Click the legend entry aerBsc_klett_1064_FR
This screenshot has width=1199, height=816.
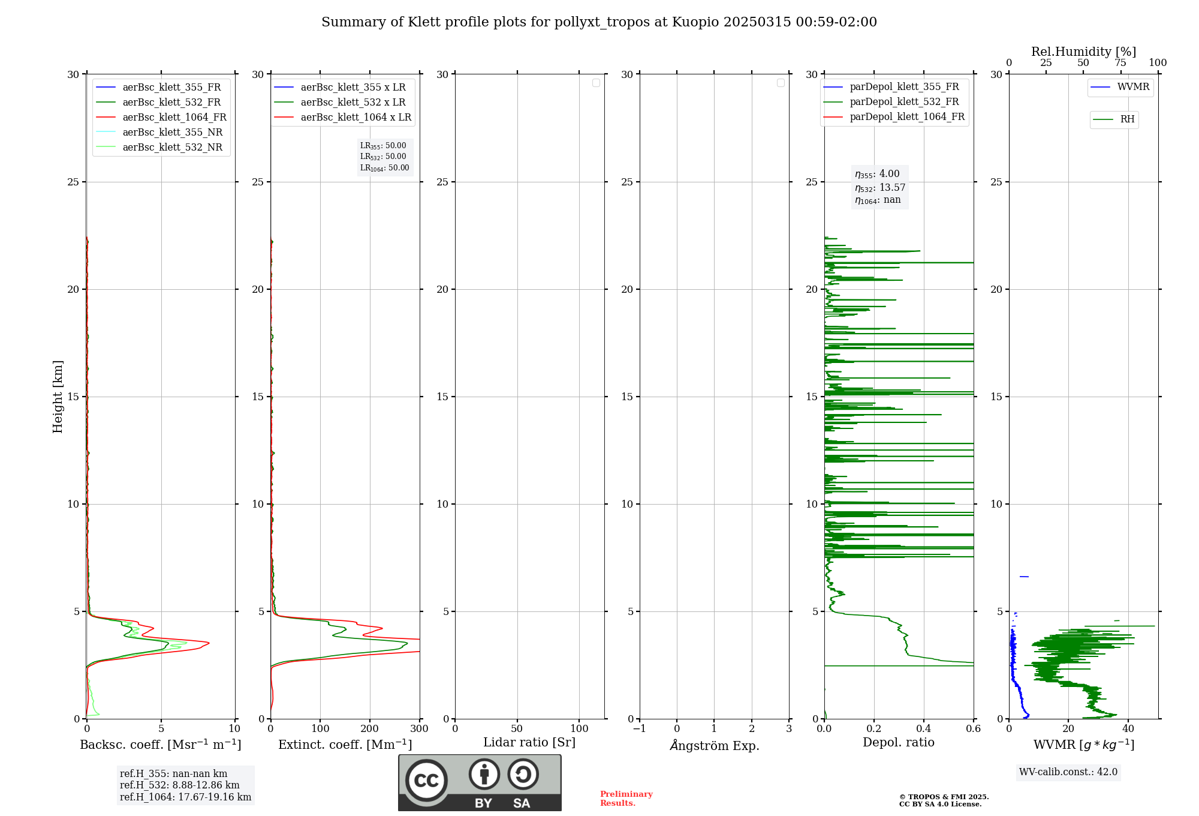[174, 118]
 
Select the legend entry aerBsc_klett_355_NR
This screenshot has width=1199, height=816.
[172, 133]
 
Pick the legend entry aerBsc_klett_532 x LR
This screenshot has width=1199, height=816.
[353, 103]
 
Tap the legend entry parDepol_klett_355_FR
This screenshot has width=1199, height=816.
[904, 87]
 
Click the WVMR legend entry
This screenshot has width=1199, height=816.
[1133, 87]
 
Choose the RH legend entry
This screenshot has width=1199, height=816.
[1127, 119]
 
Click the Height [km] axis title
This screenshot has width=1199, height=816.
[58, 396]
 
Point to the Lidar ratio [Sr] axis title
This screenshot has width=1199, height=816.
[529, 742]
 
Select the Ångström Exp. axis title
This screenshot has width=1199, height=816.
[715, 745]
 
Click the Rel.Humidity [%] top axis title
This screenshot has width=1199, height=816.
[1083, 52]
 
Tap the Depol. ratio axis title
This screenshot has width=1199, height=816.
[898, 742]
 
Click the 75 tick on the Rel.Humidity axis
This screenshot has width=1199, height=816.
[1120, 63]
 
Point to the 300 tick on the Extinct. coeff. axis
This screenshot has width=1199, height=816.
[419, 729]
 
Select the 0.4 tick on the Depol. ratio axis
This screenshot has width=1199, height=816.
[924, 729]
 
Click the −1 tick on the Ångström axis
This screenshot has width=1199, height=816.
[640, 729]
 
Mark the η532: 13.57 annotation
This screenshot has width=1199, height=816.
[880, 188]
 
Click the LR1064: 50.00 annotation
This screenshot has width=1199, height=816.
[384, 168]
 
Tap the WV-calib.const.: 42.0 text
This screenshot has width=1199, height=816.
[1068, 772]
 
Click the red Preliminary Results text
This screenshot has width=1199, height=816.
[626, 799]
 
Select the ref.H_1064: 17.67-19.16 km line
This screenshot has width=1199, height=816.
[185, 797]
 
